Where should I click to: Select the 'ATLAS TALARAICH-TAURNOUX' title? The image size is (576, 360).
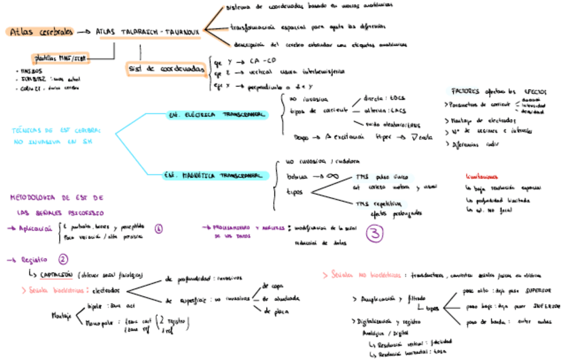pyautogui.click(x=148, y=32)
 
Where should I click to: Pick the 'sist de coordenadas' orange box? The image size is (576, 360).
pyautogui.click(x=165, y=69)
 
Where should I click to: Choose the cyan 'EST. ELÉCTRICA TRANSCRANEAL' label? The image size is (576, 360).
pyautogui.click(x=217, y=115)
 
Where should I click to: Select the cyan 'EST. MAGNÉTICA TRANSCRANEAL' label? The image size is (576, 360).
pyautogui.click(x=216, y=175)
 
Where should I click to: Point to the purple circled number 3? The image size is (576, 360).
pyautogui.click(x=375, y=233)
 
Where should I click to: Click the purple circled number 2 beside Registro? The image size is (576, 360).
pyautogui.click(x=63, y=259)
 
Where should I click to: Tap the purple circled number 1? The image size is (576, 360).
pyautogui.click(x=159, y=229)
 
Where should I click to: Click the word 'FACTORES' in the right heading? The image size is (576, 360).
pyautogui.click(x=465, y=91)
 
